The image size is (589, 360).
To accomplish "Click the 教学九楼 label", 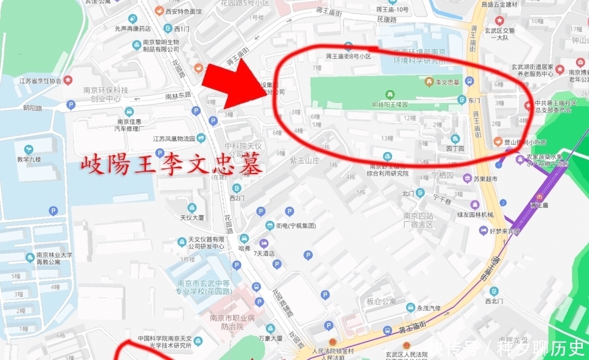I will click(29, 159).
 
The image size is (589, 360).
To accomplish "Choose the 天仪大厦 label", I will click(191, 217).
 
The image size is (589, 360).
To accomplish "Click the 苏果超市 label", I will click(484, 180).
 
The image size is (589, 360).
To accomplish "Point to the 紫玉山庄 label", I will click(306, 160).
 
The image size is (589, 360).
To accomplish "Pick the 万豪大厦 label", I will click(271, 338).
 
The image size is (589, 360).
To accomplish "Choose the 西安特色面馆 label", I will click(183, 11).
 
